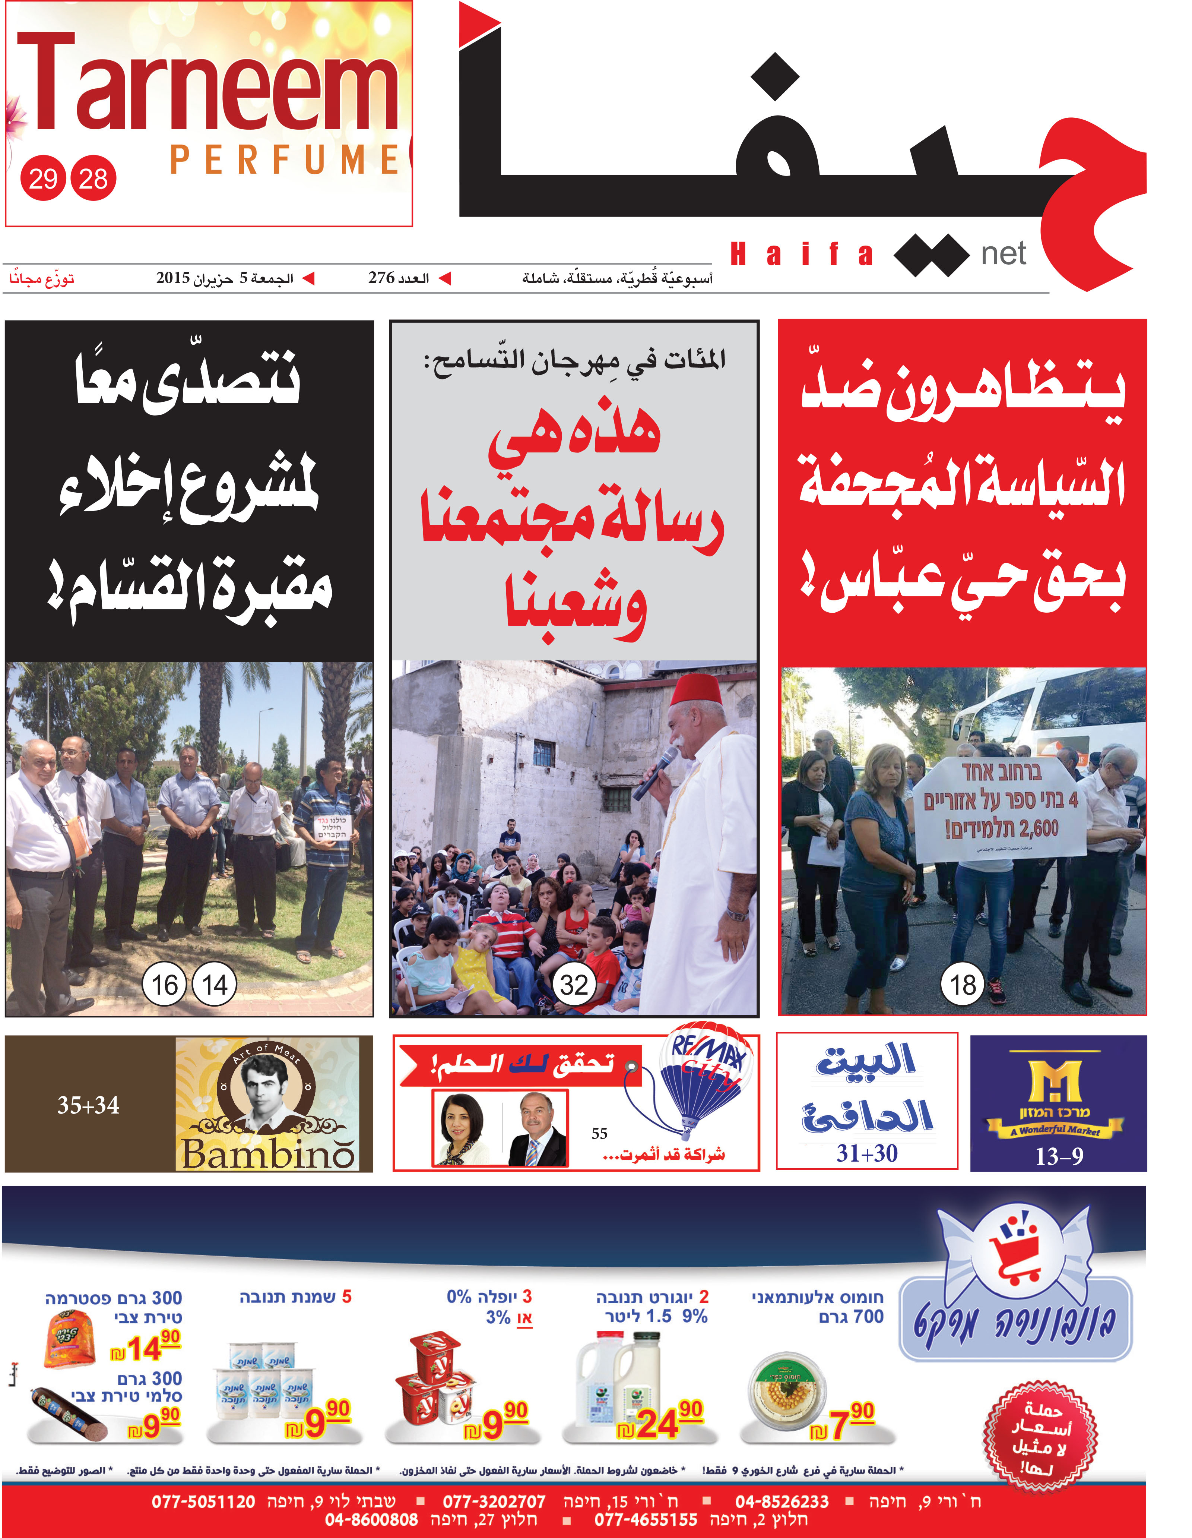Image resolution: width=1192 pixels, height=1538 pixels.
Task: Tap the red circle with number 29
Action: (43, 178)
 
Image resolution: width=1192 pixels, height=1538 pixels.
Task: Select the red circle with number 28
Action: (93, 178)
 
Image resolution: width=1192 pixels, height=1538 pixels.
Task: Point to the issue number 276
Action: (381, 278)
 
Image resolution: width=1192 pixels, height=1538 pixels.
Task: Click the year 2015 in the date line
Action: (173, 278)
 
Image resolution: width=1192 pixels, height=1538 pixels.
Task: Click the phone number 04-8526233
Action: (782, 1501)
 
